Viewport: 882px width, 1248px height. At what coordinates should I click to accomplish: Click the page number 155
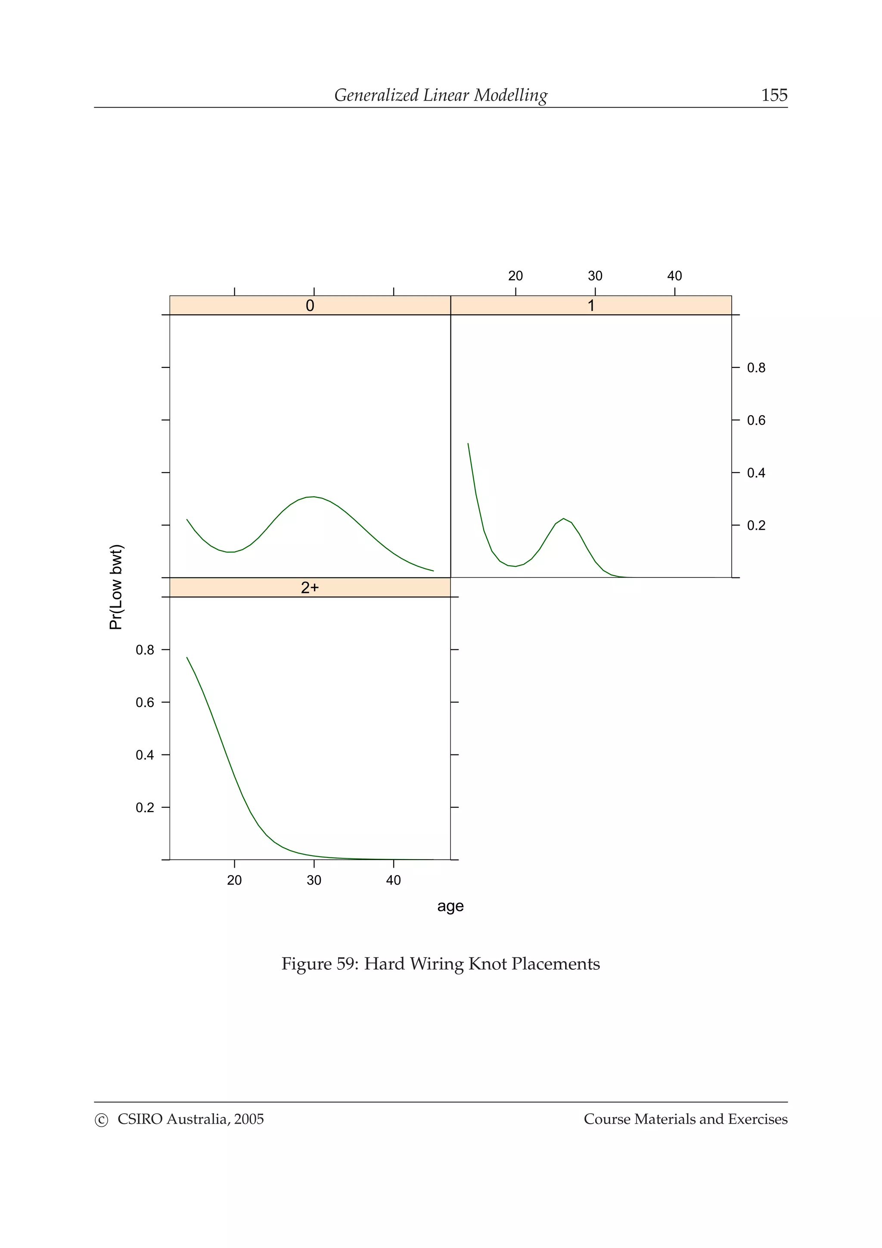pyautogui.click(x=774, y=95)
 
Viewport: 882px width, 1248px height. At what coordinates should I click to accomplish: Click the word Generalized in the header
pyautogui.click(x=376, y=95)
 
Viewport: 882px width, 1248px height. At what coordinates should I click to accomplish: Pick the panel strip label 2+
pyautogui.click(x=310, y=587)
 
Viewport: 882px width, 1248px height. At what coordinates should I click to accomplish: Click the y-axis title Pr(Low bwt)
pyautogui.click(x=116, y=587)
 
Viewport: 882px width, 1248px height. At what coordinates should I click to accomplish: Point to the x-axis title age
pyautogui.click(x=450, y=906)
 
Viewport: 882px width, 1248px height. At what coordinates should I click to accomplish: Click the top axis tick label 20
pyautogui.click(x=515, y=276)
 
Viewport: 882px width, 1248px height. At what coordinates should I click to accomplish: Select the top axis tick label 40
pyautogui.click(x=674, y=276)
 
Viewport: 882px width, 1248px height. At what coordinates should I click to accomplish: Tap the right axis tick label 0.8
pyautogui.click(x=756, y=368)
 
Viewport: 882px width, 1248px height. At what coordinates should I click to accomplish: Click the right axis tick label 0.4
pyautogui.click(x=756, y=473)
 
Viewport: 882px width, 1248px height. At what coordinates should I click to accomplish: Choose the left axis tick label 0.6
pyautogui.click(x=145, y=702)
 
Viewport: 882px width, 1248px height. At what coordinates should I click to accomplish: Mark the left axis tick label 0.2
pyautogui.click(x=145, y=807)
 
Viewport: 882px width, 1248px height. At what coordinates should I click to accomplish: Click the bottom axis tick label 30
pyautogui.click(x=314, y=880)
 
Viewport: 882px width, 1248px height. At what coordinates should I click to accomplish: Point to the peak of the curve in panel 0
pyautogui.click(x=314, y=497)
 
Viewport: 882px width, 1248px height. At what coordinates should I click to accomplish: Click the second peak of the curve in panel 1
pyautogui.click(x=564, y=518)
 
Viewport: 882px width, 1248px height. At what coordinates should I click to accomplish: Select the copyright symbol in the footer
pyautogui.click(x=101, y=1119)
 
